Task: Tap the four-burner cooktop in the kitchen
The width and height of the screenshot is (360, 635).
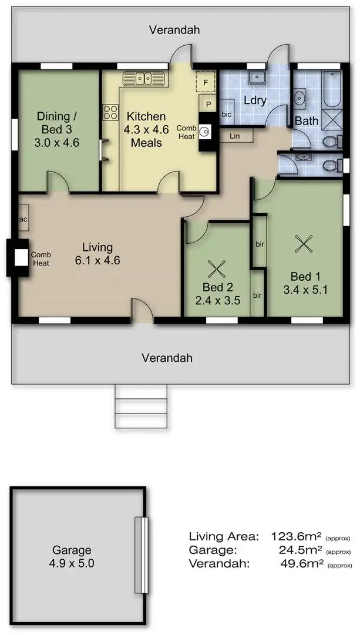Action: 110,112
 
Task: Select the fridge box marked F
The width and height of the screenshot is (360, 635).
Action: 205,82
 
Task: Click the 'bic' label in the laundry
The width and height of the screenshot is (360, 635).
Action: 227,114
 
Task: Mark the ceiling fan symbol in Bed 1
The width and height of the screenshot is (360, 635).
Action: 304,243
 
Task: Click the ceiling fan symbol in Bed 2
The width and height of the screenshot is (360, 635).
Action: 217,269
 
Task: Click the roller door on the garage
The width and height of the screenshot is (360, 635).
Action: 140,555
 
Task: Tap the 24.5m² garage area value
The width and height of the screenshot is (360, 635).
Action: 301,550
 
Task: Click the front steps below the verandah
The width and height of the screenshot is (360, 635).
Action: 141,406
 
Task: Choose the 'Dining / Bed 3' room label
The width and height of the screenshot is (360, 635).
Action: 58,122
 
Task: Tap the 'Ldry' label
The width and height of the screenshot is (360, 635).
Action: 255,100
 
